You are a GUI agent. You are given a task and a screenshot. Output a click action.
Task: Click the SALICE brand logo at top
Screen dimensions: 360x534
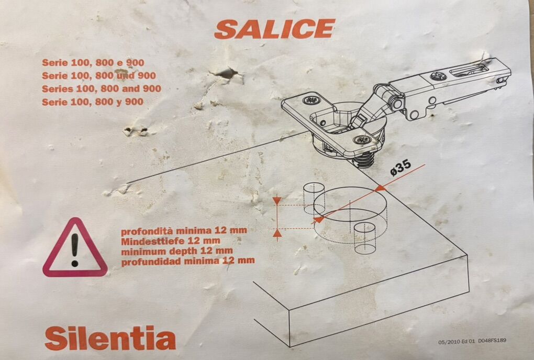[x=274, y=29]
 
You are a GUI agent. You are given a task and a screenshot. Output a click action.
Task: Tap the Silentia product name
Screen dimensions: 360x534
[x=110, y=339]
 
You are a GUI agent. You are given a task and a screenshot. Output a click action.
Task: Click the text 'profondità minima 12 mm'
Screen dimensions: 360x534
[x=184, y=230]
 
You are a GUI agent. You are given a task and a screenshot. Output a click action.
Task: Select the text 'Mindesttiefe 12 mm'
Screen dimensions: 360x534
[x=170, y=241]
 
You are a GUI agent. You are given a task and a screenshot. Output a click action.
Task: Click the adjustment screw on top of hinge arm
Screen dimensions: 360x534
[x=437, y=76]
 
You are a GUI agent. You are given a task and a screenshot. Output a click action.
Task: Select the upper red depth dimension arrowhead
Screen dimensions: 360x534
[x=277, y=201]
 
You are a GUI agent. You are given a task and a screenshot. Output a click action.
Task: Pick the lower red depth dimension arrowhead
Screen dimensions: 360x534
[x=277, y=233]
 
